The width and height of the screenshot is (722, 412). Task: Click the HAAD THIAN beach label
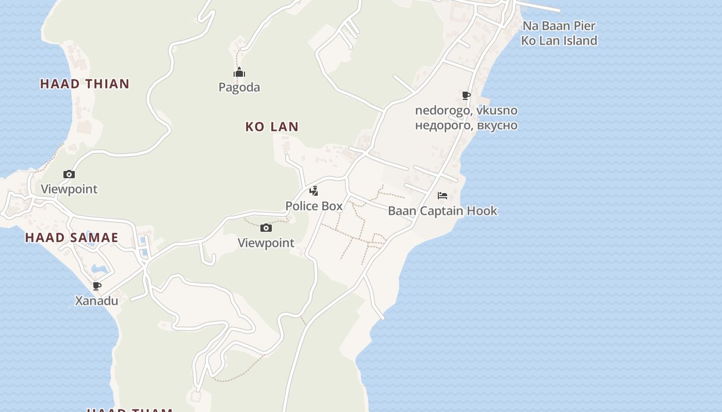tap(85, 84)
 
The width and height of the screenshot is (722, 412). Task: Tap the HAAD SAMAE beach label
tap(72, 237)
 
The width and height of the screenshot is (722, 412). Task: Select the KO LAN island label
tap(272, 127)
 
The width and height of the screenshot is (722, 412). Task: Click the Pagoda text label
tap(239, 88)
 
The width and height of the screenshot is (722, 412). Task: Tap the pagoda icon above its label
tap(239, 73)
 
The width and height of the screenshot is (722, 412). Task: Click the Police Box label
tap(314, 206)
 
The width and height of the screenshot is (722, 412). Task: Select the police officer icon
tap(314, 192)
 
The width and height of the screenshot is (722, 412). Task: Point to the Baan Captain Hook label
tap(442, 211)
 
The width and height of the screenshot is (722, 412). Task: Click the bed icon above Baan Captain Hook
tap(442, 196)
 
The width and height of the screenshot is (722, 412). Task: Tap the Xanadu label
tap(96, 301)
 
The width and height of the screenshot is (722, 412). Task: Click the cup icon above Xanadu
tap(96, 286)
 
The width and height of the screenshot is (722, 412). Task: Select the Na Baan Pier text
tap(559, 26)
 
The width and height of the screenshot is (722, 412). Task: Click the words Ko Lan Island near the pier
tap(559, 41)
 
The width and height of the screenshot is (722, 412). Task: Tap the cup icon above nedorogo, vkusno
tap(466, 95)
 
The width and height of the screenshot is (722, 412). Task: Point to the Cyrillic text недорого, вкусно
tap(466, 125)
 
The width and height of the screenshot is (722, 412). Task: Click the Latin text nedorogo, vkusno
tap(466, 110)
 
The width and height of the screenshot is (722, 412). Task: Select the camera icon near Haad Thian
tap(69, 174)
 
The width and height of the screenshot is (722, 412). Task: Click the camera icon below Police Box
tap(266, 228)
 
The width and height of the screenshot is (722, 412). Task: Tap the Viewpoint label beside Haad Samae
tap(69, 189)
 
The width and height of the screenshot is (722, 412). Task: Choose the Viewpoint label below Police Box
tap(266, 243)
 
